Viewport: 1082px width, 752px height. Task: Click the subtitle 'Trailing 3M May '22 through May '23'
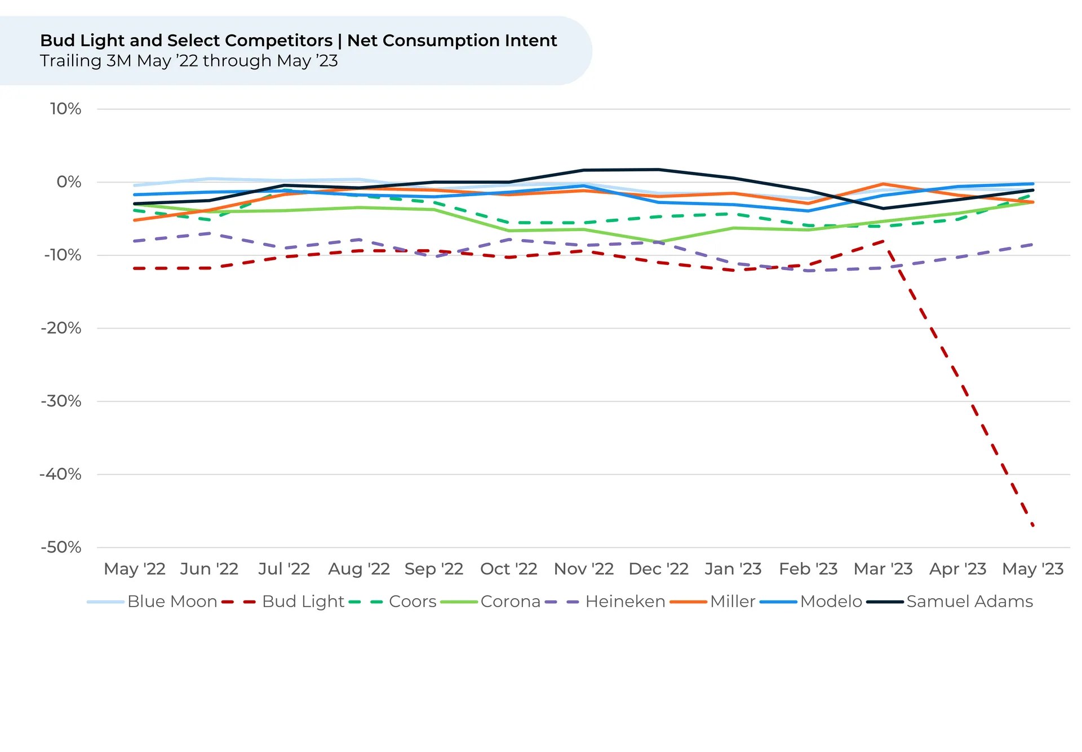tap(189, 61)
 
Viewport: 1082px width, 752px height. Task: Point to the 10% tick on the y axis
tap(65, 109)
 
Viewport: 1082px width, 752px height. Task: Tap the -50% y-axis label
tap(61, 547)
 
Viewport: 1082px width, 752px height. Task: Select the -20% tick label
tap(61, 328)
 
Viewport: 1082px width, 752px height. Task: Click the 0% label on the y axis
tap(69, 182)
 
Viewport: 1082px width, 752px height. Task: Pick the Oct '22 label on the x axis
tap(508, 569)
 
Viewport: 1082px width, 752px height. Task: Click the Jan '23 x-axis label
tap(733, 569)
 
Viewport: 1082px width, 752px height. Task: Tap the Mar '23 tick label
tap(883, 569)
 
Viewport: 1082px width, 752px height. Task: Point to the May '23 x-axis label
tap(1032, 569)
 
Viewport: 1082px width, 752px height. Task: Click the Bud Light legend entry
tap(303, 601)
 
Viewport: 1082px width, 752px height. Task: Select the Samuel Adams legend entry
tap(969, 601)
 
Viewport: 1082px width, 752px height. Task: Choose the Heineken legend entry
tap(625, 601)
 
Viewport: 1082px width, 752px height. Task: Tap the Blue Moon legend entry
tap(172, 601)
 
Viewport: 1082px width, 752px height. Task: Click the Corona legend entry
tap(510, 601)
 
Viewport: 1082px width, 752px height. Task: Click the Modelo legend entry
tap(831, 601)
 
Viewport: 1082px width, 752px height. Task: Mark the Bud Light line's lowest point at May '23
tap(1032, 525)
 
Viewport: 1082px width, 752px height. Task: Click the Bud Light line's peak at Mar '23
tap(883, 241)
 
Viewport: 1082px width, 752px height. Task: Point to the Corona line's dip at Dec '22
tap(659, 242)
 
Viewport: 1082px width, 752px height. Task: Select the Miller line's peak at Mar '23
tap(883, 184)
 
